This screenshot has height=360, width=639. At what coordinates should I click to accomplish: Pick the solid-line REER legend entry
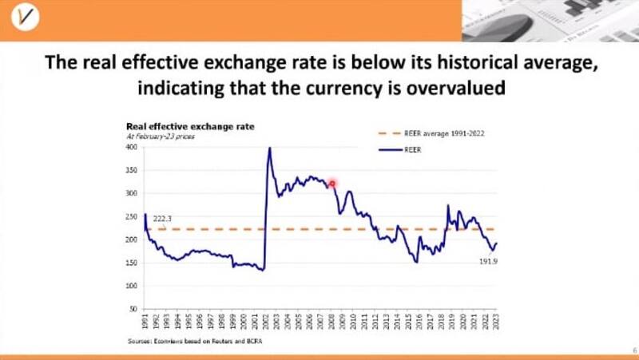424,148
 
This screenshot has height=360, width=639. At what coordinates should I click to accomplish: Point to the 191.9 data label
489,262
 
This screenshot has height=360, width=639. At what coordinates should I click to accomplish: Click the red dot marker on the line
332,184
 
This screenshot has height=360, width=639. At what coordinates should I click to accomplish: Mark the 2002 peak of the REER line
269,148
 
